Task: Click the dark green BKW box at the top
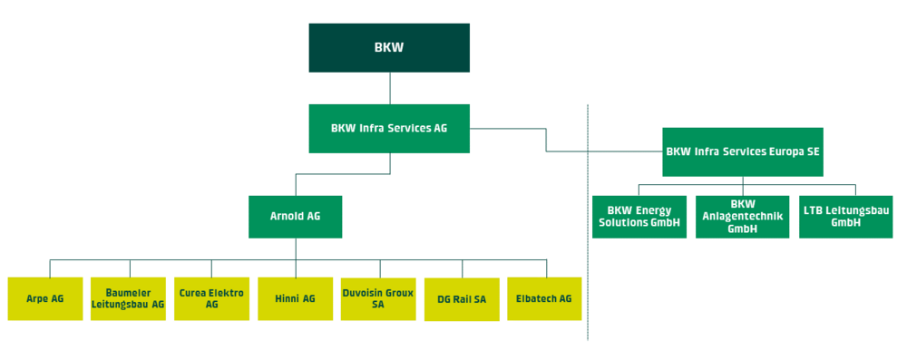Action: [x=389, y=48]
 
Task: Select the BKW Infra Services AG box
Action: [x=389, y=129]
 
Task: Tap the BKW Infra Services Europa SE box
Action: [x=743, y=151]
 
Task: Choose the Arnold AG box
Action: [x=295, y=217]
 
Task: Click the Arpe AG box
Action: [x=44, y=298]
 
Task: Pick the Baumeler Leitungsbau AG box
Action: [x=128, y=298]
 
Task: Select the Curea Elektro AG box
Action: [x=211, y=298]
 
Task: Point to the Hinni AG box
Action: [x=295, y=298]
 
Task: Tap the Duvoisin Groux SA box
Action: [x=377, y=298]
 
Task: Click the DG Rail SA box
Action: [x=462, y=299]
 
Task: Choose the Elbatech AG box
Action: [x=544, y=298]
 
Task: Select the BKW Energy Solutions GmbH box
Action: [x=639, y=217]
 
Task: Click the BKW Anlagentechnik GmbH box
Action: [x=742, y=217]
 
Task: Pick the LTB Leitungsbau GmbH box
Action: [x=845, y=217]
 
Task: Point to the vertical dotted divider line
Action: [x=588, y=272]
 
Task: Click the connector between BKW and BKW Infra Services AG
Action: [x=389, y=88]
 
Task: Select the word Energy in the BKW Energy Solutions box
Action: [x=653, y=211]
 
